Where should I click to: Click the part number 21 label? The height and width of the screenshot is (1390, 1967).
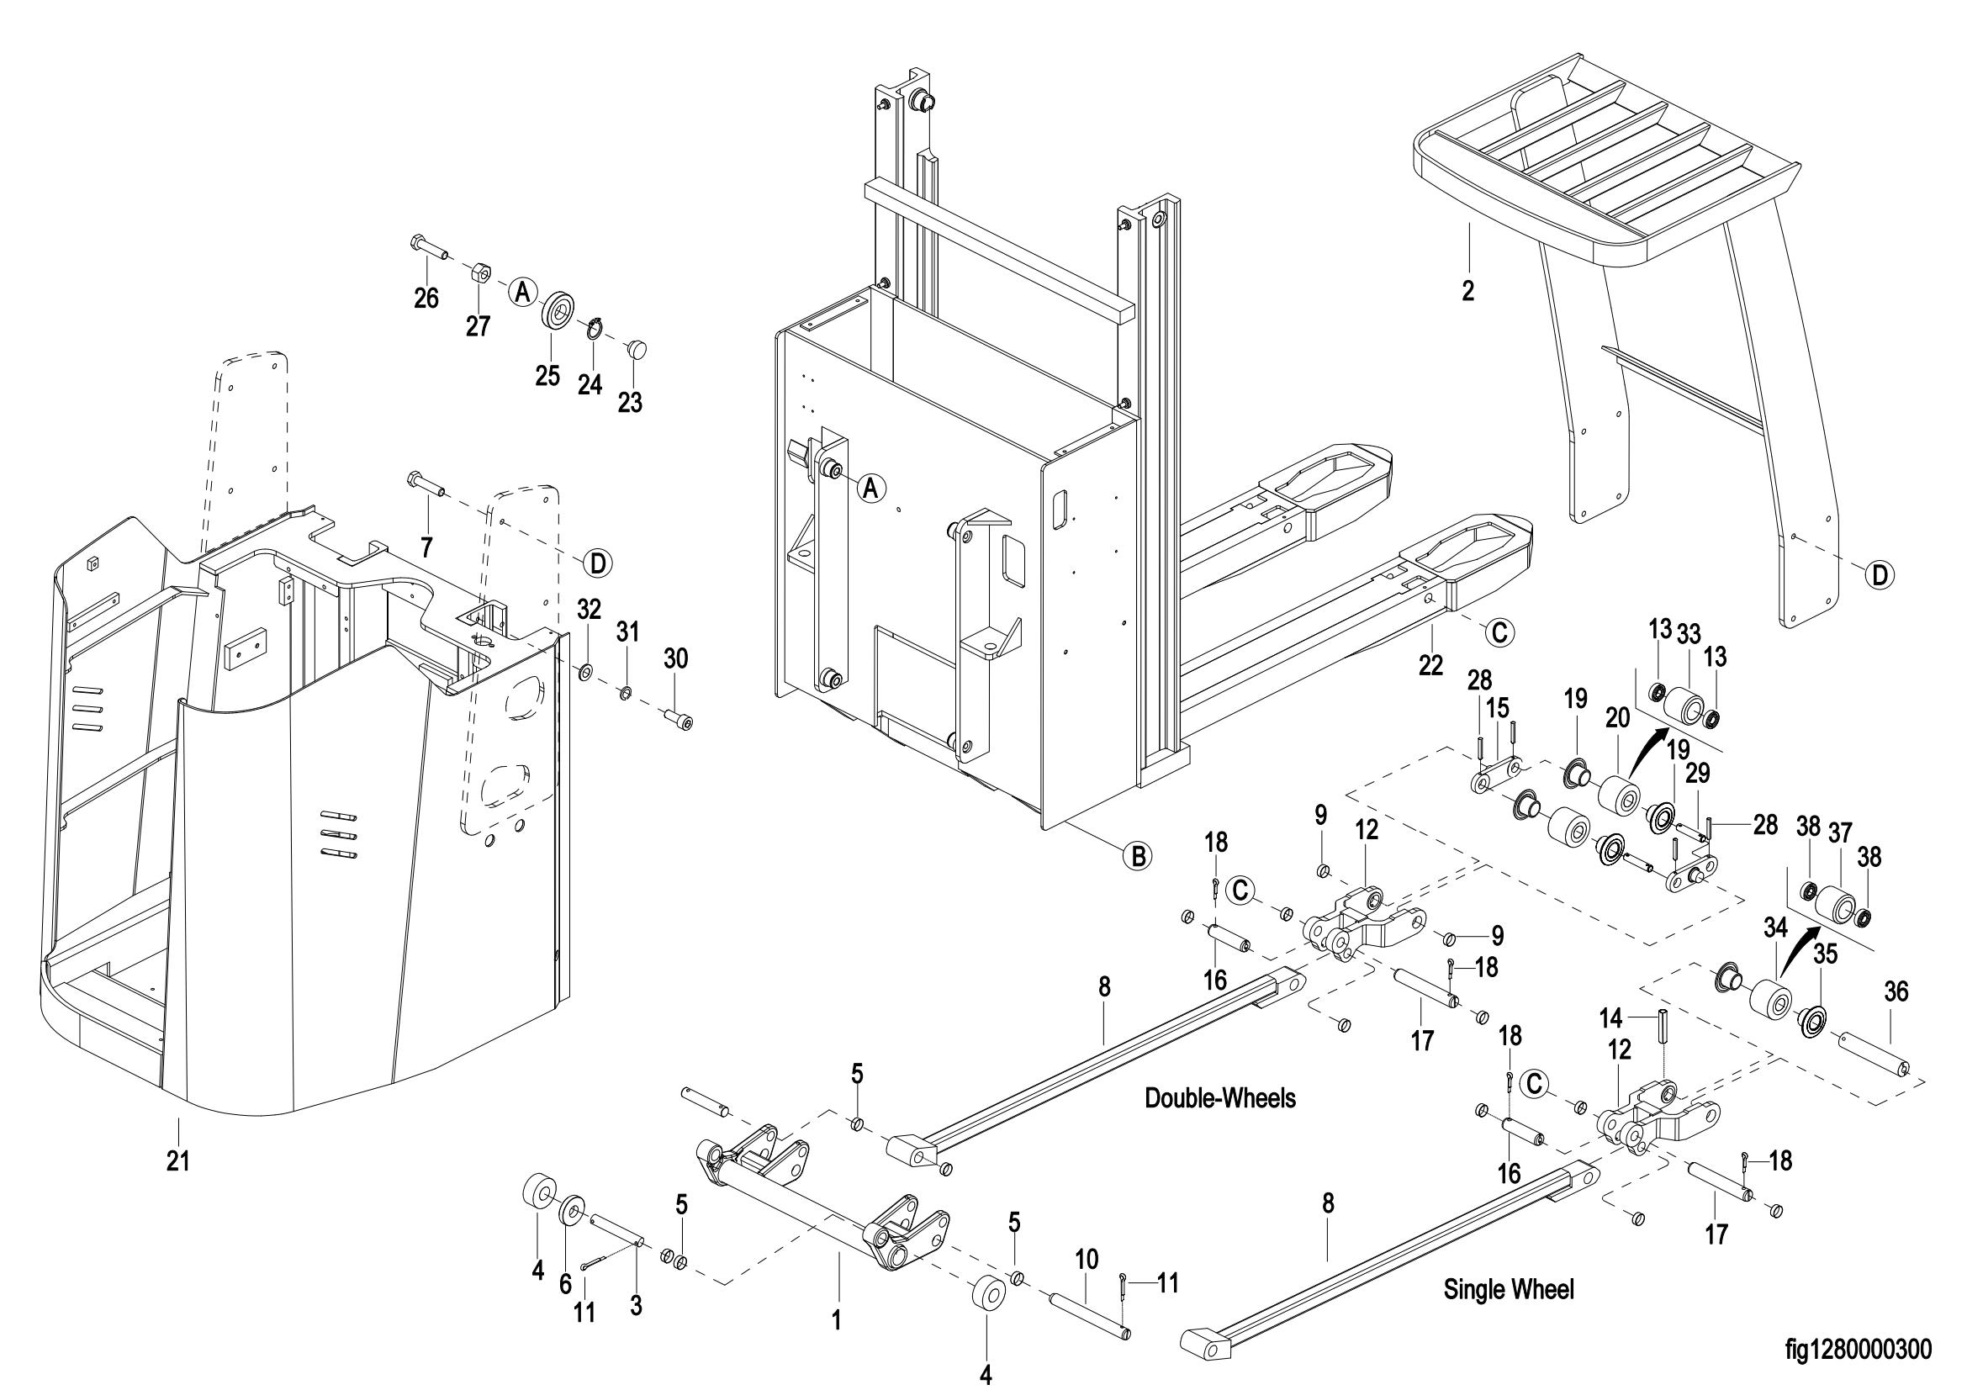point(177,1161)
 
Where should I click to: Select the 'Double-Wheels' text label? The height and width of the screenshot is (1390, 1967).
point(1220,1098)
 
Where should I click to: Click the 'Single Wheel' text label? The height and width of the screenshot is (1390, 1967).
point(1509,1289)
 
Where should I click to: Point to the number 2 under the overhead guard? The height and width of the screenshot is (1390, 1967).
point(1468,291)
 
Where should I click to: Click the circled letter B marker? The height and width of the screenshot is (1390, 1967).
point(1137,855)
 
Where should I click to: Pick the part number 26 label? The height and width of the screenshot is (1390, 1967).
point(426,298)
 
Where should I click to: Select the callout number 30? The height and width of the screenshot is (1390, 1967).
point(676,658)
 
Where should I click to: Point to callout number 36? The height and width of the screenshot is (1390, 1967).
point(1896,991)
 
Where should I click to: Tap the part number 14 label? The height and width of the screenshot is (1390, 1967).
point(1611,1019)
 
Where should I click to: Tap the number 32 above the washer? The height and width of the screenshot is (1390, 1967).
point(589,609)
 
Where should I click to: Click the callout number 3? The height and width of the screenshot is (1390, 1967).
point(636,1305)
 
